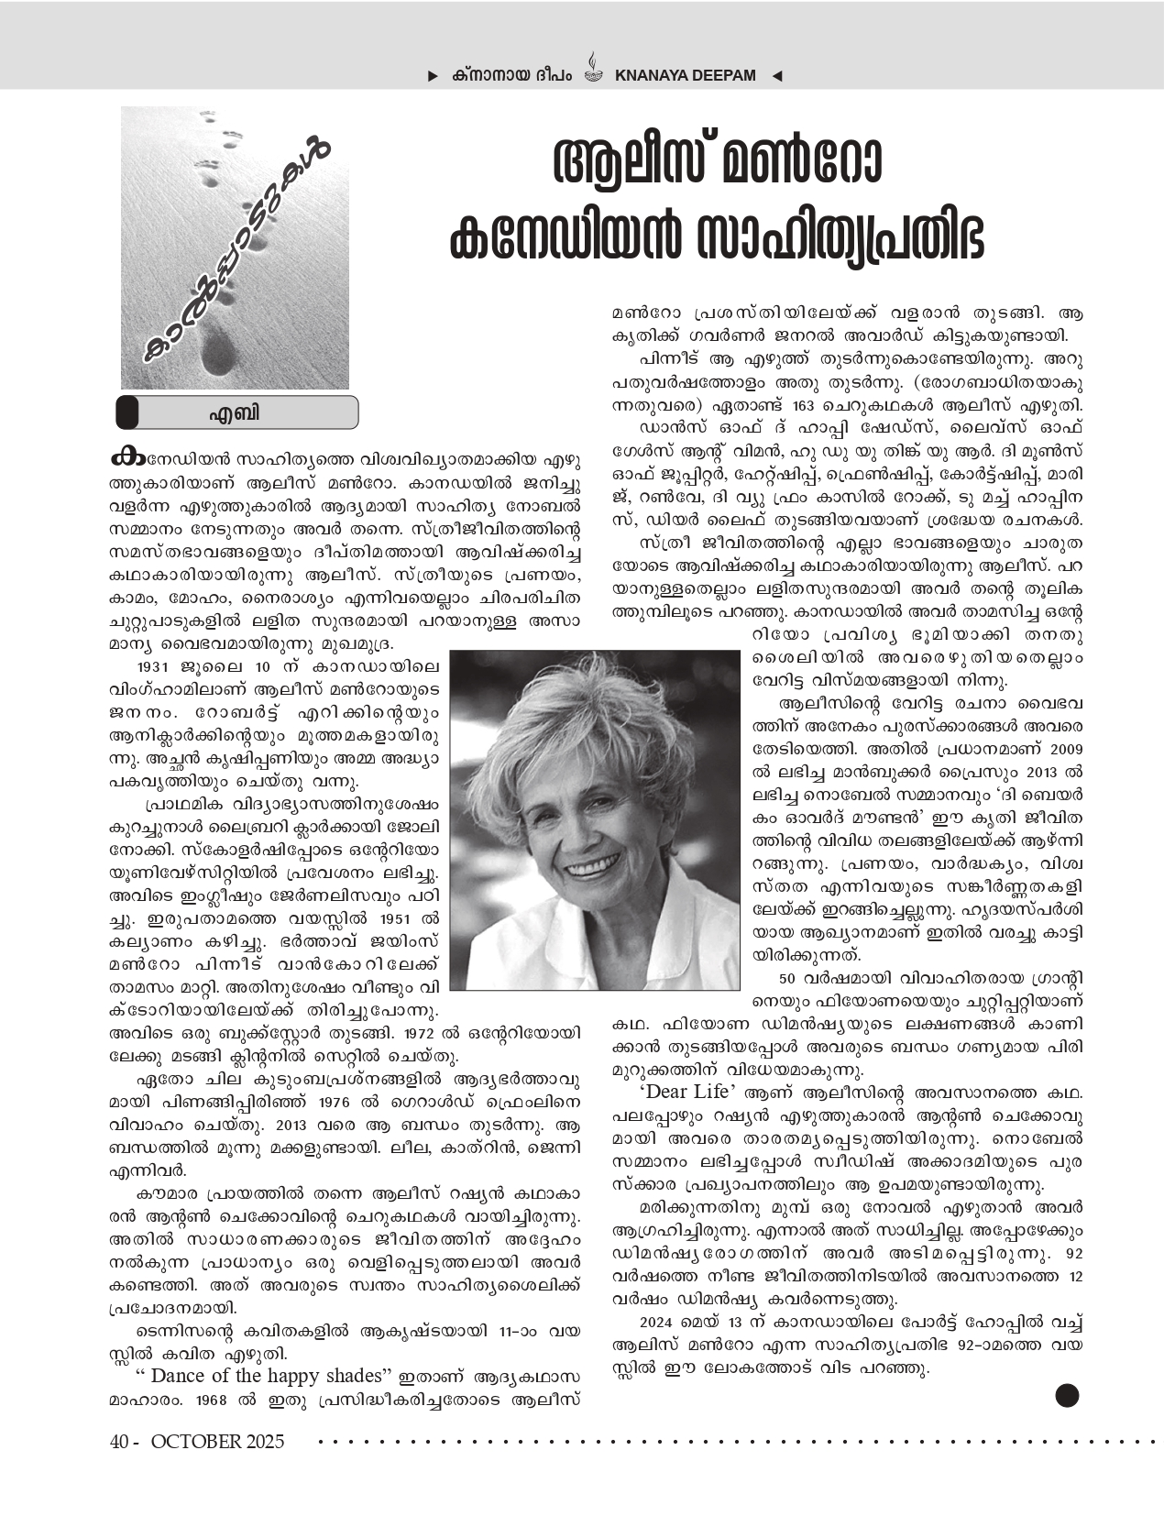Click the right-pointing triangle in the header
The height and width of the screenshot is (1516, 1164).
[433, 76]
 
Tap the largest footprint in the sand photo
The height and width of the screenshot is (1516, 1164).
[217, 348]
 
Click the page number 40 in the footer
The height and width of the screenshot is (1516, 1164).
[117, 1442]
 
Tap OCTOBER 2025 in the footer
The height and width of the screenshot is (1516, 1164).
[218, 1442]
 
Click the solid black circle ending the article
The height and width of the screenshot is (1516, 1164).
[1067, 1395]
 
